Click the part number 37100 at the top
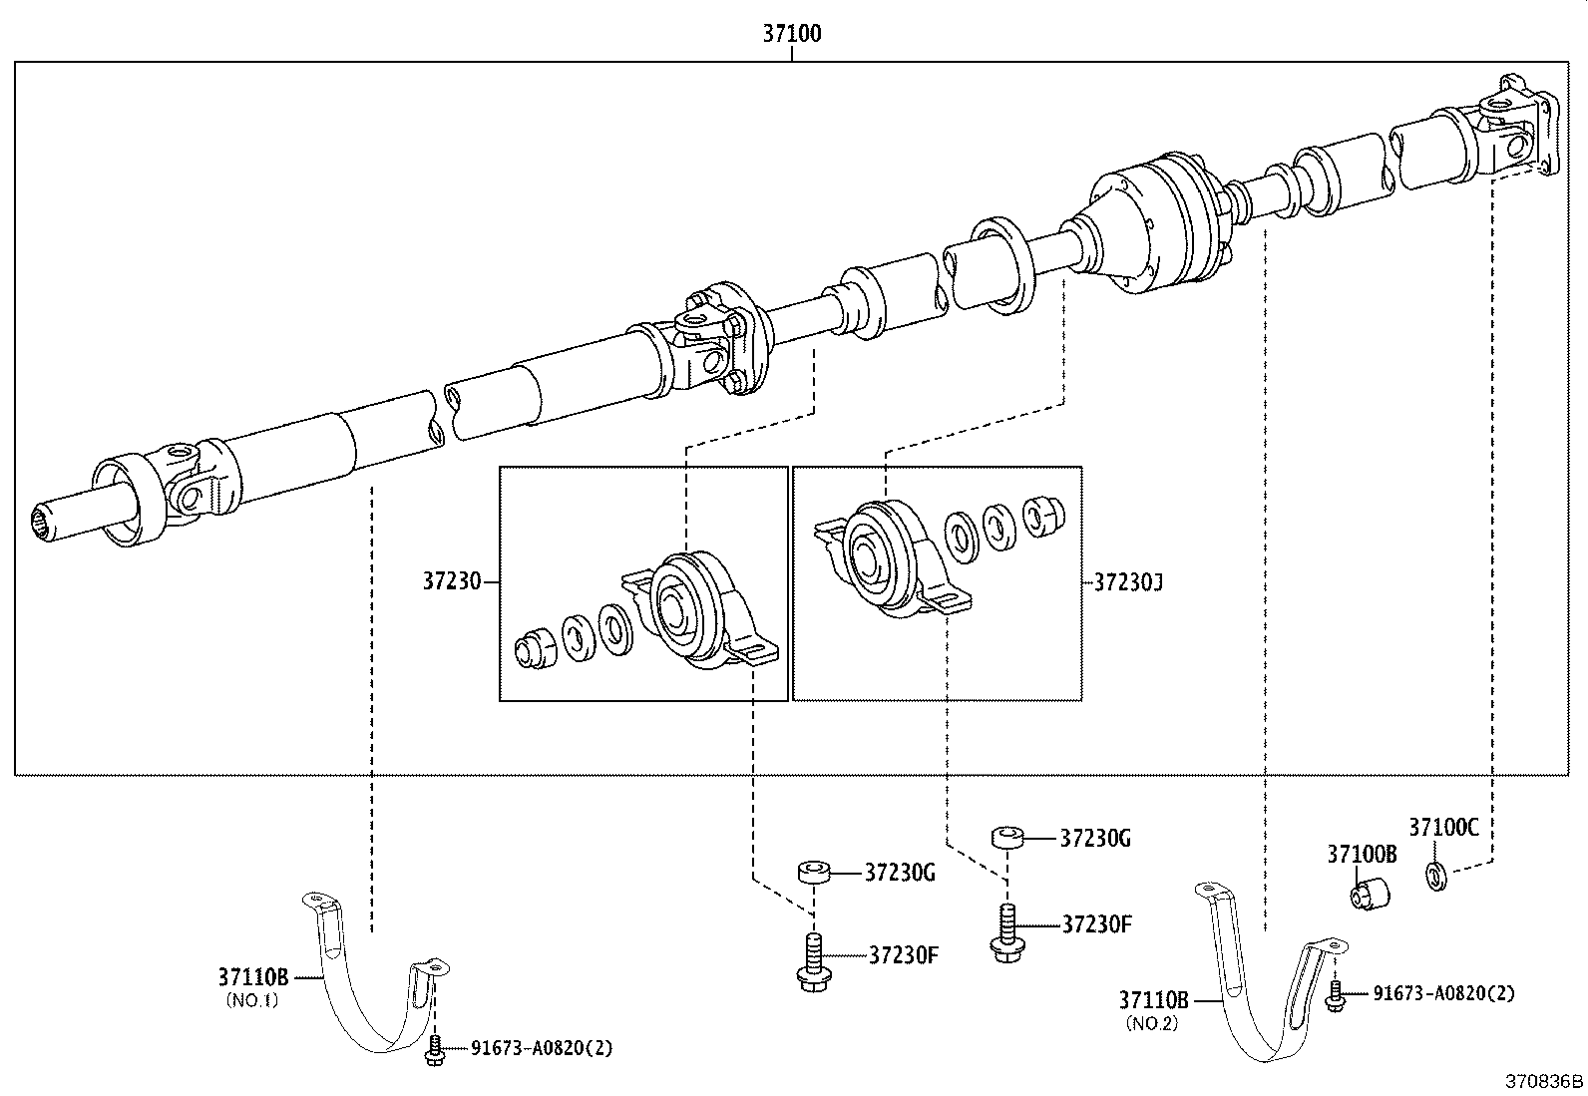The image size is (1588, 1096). [x=792, y=34]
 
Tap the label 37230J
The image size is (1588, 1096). [x=1128, y=581]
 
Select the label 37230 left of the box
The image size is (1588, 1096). [x=451, y=581]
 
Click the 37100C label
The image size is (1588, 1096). [x=1443, y=827]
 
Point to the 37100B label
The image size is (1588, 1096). [x=1361, y=854]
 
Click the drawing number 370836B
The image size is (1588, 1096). [x=1544, y=1081]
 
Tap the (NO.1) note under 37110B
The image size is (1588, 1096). [x=251, y=1000]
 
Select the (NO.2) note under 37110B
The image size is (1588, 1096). [x=1151, y=1023]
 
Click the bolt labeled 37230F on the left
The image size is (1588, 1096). [x=811, y=962]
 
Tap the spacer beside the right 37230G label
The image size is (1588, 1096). [x=1007, y=838]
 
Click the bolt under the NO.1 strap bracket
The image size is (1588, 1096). [x=434, y=1052]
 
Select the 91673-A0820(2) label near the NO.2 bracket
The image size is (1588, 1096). [x=1443, y=993]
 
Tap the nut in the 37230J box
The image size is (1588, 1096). [x=1045, y=513]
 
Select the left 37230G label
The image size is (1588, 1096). [x=900, y=874]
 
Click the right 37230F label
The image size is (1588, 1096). [x=1096, y=924]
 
